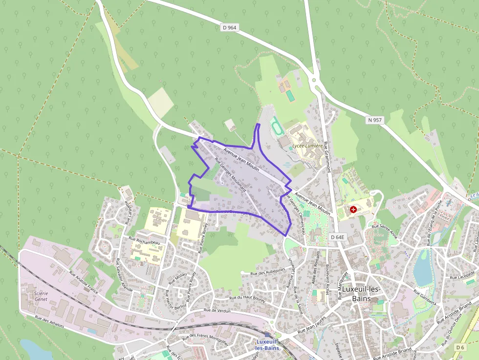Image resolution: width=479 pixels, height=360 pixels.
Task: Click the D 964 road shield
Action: (x=229, y=28)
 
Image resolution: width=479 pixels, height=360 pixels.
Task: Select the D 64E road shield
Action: (x=337, y=237)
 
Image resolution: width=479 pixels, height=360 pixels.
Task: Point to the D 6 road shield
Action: (x=459, y=347)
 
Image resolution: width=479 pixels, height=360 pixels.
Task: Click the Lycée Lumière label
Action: (x=307, y=146)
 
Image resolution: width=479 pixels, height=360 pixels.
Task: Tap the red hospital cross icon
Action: (x=353, y=209)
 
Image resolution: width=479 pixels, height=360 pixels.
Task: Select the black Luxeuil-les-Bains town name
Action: (x=361, y=294)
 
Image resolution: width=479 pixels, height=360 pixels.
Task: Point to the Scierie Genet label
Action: (x=41, y=296)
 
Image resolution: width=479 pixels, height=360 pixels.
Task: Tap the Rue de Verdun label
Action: (x=217, y=310)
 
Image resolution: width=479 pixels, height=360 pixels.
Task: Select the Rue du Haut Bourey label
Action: (x=247, y=298)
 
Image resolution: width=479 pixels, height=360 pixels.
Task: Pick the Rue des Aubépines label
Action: (x=267, y=273)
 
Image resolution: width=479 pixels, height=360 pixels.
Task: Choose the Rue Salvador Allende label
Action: (x=123, y=274)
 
